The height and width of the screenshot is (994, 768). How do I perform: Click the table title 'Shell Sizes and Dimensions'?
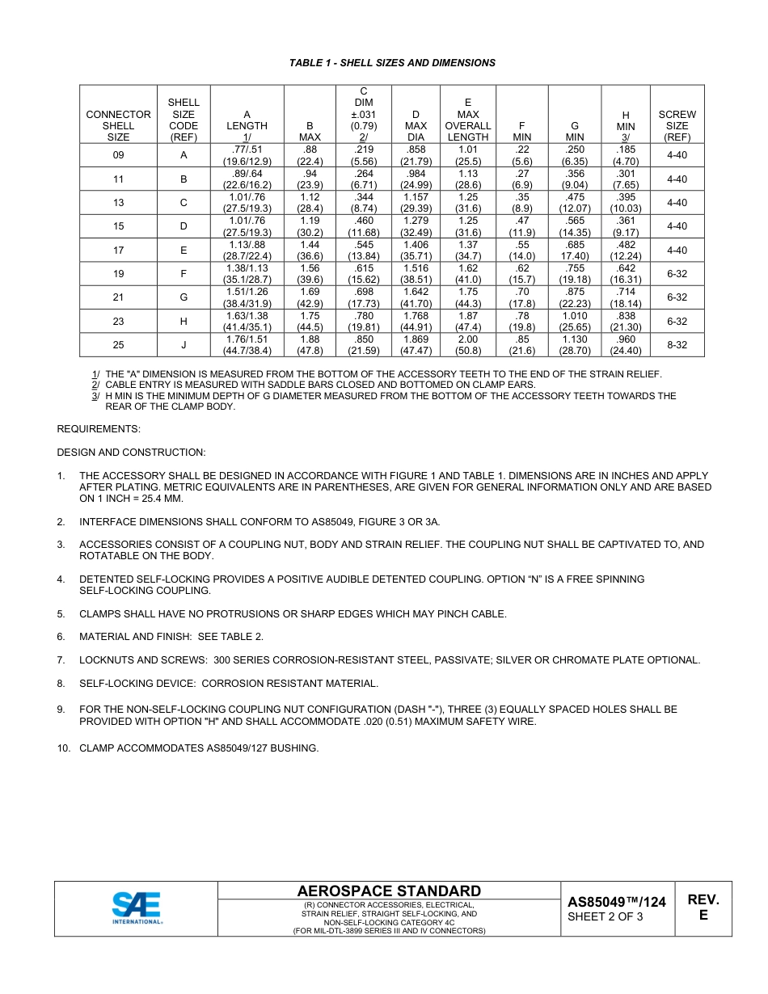[x=392, y=63]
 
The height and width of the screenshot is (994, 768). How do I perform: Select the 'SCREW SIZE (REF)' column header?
[x=677, y=126]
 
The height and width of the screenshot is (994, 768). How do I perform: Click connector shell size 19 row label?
[x=118, y=274]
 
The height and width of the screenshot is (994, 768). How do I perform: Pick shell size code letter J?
[x=184, y=345]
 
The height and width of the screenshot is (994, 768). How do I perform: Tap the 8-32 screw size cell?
[x=677, y=345]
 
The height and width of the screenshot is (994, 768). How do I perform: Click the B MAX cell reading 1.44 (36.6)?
[x=310, y=251]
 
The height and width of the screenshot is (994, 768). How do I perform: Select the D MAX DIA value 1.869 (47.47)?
[x=416, y=345]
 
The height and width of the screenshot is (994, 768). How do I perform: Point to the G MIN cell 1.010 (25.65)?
[x=575, y=322]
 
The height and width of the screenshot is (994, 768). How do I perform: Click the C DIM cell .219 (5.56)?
[x=364, y=155]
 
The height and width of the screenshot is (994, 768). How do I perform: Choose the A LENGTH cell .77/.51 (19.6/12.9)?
[x=247, y=155]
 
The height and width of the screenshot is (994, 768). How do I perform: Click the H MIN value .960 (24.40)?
[x=626, y=345]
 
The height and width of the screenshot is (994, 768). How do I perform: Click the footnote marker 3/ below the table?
[x=95, y=396]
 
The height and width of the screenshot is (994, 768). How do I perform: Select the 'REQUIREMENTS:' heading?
[x=99, y=429]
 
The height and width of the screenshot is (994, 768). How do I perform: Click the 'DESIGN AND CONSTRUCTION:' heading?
[x=131, y=453]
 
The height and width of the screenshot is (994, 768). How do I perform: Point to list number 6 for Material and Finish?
[x=61, y=637]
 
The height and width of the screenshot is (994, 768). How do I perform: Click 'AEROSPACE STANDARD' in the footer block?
[x=389, y=891]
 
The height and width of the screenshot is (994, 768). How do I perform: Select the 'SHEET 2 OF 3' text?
[x=606, y=916]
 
